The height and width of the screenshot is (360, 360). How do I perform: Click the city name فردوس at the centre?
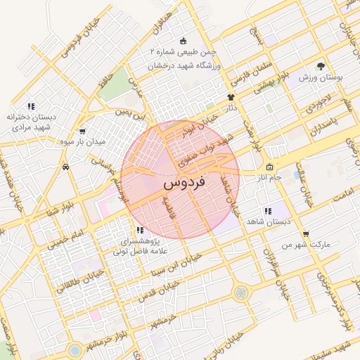pyautogui.click(x=184, y=182)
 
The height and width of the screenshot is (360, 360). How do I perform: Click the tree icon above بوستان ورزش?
pyautogui.click(x=321, y=65)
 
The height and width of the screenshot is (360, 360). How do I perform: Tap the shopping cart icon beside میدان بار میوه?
pyautogui.click(x=82, y=131)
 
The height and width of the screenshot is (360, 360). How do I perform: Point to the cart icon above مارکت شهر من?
pyautogui.click(x=305, y=234)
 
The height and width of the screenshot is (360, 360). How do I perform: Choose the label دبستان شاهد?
pyautogui.click(x=267, y=221)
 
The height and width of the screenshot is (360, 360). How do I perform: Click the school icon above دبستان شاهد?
pyautogui.click(x=267, y=211)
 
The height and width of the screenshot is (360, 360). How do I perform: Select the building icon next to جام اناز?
pyautogui.click(x=270, y=167)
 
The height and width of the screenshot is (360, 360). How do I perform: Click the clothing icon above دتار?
pyautogui.click(x=230, y=97)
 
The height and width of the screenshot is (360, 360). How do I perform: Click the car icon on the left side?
pyautogui.click(x=65, y=167)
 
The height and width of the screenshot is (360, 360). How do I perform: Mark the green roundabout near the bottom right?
pyautogui.click(x=241, y=292)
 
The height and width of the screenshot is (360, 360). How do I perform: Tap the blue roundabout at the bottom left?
pyautogui.click(x=75, y=349)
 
